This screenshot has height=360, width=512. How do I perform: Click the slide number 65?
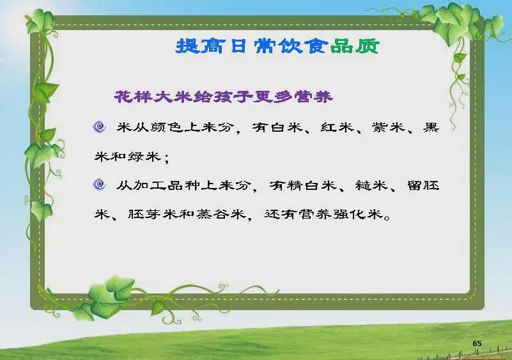click(477, 343)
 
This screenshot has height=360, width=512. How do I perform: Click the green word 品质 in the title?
click(355, 46)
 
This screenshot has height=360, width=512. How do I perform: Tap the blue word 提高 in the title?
click(200, 46)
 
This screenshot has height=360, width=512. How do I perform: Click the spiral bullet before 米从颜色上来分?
click(100, 127)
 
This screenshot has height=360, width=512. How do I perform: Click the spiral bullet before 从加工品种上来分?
click(100, 185)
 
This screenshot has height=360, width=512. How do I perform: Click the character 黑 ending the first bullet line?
click(431, 127)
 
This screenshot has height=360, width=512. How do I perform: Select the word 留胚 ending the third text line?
click(423, 185)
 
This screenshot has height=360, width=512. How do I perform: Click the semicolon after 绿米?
click(167, 158)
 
